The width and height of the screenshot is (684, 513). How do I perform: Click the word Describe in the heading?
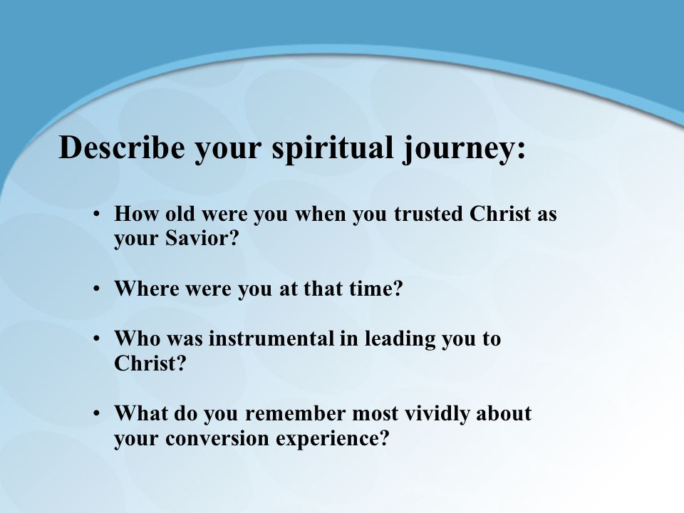coord(122,147)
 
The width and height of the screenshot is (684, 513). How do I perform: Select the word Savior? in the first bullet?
coord(202,238)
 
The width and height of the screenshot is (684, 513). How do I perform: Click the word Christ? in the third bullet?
coord(150,363)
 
